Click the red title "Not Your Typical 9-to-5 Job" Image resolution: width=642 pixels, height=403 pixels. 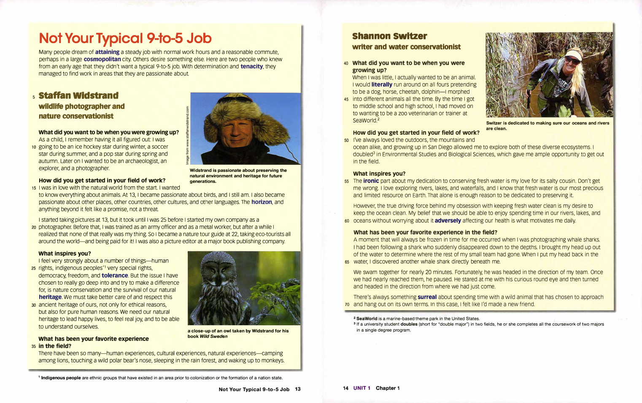(125, 38)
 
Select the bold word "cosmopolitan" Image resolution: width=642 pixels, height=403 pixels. (102, 59)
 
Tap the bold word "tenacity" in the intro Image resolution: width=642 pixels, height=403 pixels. (251, 66)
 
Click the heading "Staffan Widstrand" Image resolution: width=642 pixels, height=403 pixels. (78, 95)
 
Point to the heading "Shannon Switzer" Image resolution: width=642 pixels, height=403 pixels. (389, 36)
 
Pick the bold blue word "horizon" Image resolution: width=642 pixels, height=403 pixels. (262, 202)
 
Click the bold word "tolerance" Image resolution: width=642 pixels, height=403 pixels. (115, 275)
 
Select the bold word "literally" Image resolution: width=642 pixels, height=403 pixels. (382, 84)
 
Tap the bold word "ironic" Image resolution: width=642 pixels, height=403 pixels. (371, 181)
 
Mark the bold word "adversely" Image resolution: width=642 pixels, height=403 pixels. (448, 221)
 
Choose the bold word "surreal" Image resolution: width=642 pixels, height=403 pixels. (427, 297)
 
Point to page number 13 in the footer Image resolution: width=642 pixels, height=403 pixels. (298, 389)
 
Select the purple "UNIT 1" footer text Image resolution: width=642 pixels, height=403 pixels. (361, 388)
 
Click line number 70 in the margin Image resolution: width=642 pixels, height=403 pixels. (347, 305)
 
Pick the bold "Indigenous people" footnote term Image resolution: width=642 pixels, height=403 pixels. (61, 378)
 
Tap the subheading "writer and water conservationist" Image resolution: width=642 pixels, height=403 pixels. (406, 47)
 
